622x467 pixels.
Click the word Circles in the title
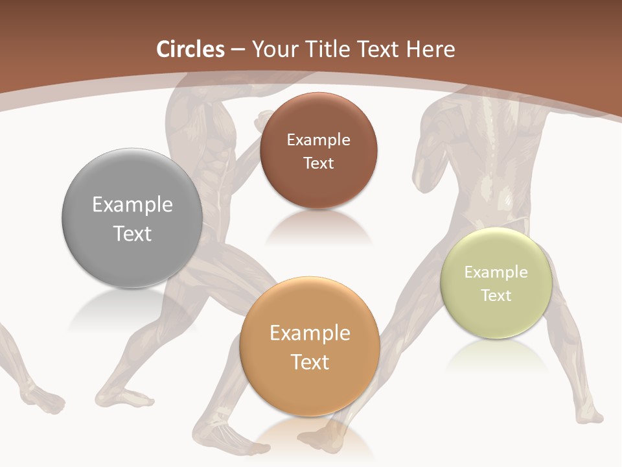[x=190, y=49]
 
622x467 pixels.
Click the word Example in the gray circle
[x=132, y=205]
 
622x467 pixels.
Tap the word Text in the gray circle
[x=132, y=233]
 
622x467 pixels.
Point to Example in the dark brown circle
[x=318, y=140]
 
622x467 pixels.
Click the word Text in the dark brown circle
[x=318, y=163]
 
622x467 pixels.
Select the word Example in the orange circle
[x=310, y=333]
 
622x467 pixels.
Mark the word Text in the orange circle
[x=310, y=362]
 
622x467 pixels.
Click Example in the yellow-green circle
[x=496, y=272]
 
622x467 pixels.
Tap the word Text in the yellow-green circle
[x=496, y=296]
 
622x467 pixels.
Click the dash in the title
[x=238, y=50]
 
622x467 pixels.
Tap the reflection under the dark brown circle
[x=318, y=227]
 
